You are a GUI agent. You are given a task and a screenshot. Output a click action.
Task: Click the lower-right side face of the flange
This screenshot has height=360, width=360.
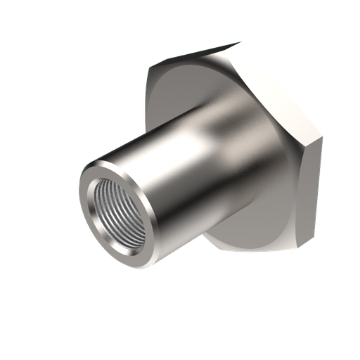click(313, 190)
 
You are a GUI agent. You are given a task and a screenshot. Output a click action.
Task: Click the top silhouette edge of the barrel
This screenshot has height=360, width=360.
click(162, 123)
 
